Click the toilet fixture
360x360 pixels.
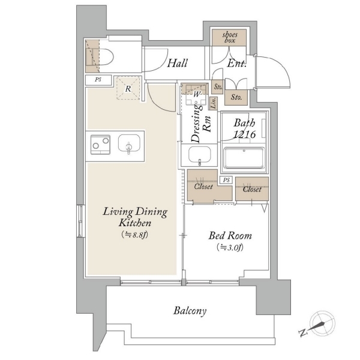[103, 57]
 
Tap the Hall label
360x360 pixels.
[177, 63]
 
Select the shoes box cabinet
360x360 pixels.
[229, 37]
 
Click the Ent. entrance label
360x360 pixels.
[236, 64]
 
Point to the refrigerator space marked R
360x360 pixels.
[128, 88]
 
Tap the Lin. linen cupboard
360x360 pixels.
[214, 103]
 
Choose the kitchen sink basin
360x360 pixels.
[129, 143]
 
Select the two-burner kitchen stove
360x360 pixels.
[100, 145]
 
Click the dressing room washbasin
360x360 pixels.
[200, 154]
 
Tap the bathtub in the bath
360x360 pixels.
[244, 158]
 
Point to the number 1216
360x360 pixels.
[244, 134]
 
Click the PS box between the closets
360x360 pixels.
[226, 180]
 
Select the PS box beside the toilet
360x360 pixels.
[98, 80]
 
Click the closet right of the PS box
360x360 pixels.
[252, 189]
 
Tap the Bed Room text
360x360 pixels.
[230, 236]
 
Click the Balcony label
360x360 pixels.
[190, 311]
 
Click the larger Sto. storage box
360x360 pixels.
[236, 97]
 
